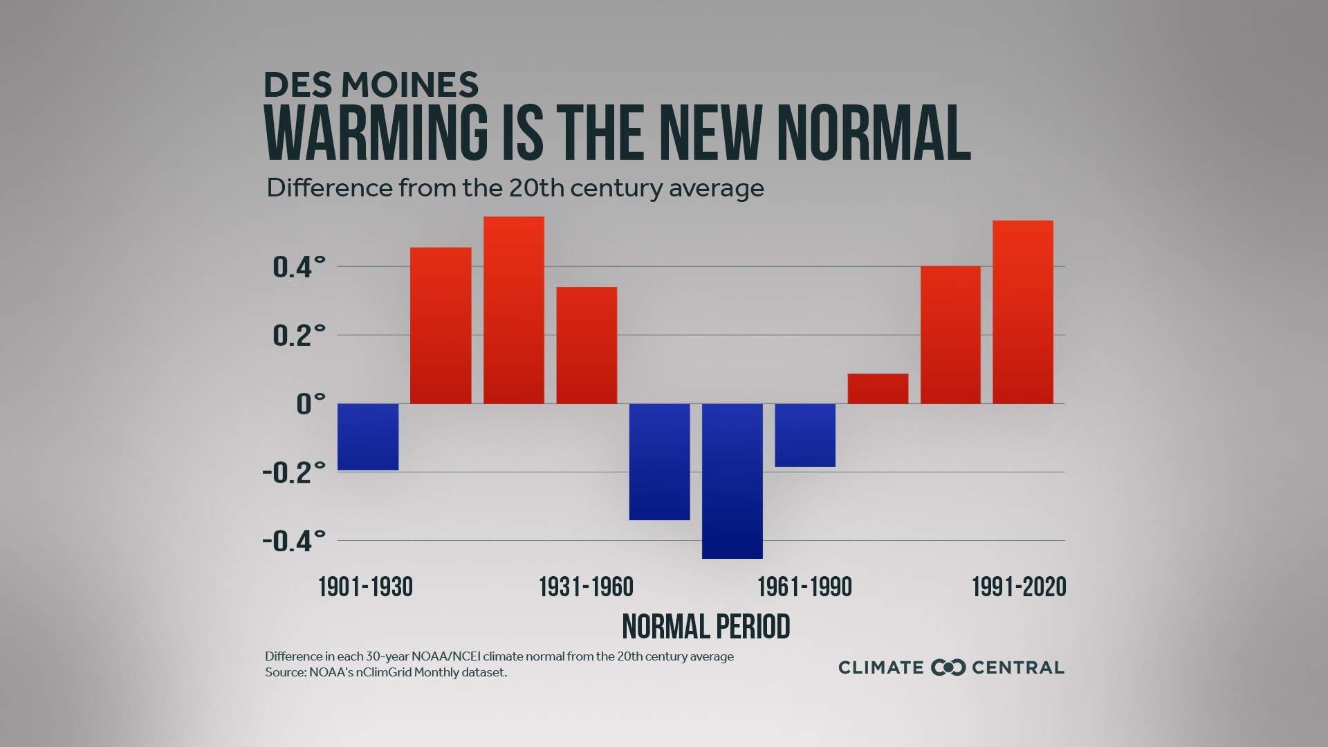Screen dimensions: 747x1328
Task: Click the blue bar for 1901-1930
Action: pos(368,436)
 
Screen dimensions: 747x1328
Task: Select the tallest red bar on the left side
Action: pos(513,311)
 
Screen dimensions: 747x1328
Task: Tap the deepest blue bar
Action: pos(732,481)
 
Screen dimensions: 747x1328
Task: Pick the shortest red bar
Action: pos(878,389)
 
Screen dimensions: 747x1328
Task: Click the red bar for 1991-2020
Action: pos(1022,312)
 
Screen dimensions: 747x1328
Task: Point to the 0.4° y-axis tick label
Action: pos(299,267)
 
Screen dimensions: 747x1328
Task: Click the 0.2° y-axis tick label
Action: pos(299,335)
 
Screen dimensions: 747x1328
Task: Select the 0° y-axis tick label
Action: pos(310,404)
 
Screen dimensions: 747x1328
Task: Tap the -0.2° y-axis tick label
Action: pos(294,473)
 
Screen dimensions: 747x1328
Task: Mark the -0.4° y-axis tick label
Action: pos(294,541)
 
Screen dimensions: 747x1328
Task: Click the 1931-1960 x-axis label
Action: pos(586,587)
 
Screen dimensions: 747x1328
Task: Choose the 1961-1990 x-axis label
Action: pos(804,587)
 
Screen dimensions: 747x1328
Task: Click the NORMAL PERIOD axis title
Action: pos(705,627)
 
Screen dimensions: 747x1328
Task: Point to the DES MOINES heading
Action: pos(371,85)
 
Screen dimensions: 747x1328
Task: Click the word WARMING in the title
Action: pos(376,133)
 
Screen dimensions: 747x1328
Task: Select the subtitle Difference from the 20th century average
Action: pos(515,188)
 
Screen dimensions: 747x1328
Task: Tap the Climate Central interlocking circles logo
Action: pos(948,667)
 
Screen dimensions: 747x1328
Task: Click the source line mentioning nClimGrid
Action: pos(386,672)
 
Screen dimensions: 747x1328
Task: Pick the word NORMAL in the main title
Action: pos(874,133)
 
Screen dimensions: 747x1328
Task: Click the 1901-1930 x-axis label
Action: pos(365,587)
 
